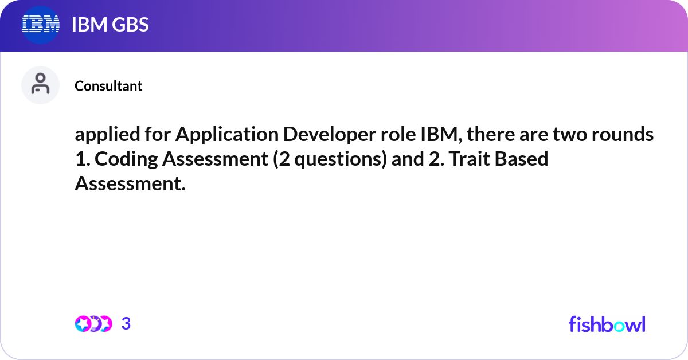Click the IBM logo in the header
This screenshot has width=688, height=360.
[x=40, y=25]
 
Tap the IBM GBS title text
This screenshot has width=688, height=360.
[x=110, y=25]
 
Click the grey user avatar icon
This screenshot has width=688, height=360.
[x=40, y=85]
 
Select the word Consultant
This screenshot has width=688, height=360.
[x=108, y=86]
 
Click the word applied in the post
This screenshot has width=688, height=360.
[x=108, y=134]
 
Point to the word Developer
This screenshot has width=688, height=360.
[x=329, y=134]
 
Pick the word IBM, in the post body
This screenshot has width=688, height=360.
[x=441, y=134]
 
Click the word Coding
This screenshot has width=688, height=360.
[x=126, y=159]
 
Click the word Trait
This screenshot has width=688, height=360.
[x=469, y=159]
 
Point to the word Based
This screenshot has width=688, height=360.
[x=522, y=159]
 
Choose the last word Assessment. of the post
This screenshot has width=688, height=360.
[x=130, y=183]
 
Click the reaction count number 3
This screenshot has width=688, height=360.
[x=126, y=323]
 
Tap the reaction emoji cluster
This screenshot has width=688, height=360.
[x=93, y=324]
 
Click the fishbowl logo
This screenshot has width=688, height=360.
[x=607, y=324]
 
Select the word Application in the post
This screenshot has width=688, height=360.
[x=227, y=134]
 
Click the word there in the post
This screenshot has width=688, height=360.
[x=491, y=134]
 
